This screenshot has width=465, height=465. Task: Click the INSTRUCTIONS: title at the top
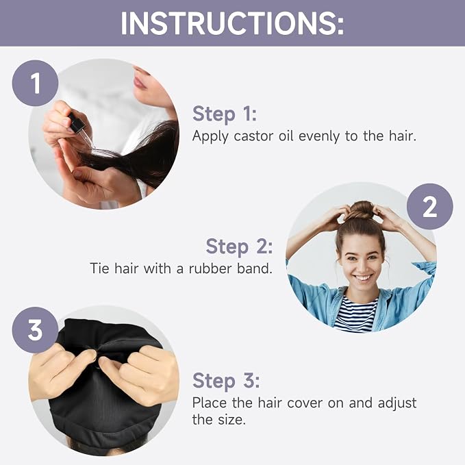coord(232,24)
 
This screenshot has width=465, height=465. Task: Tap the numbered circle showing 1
coord(35,83)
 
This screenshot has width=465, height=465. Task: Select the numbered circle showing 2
coord(429,206)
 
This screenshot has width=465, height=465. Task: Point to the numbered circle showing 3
coord(35,330)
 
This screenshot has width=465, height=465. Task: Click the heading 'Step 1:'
coord(225,114)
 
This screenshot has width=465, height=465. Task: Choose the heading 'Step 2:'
coord(239,247)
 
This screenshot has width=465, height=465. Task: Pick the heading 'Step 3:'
coord(226,381)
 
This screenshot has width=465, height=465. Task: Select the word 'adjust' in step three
coord(397,403)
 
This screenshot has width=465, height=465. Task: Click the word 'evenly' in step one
coord(319,137)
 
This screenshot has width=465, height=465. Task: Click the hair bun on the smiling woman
coord(360,210)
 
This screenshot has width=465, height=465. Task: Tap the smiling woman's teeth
coord(363,278)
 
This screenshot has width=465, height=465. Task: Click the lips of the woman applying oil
coord(140,81)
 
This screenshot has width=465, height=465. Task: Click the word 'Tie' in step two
coord(99,268)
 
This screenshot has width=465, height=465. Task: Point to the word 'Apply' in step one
coord(210,137)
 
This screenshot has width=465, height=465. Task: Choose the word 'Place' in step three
coord(210,403)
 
